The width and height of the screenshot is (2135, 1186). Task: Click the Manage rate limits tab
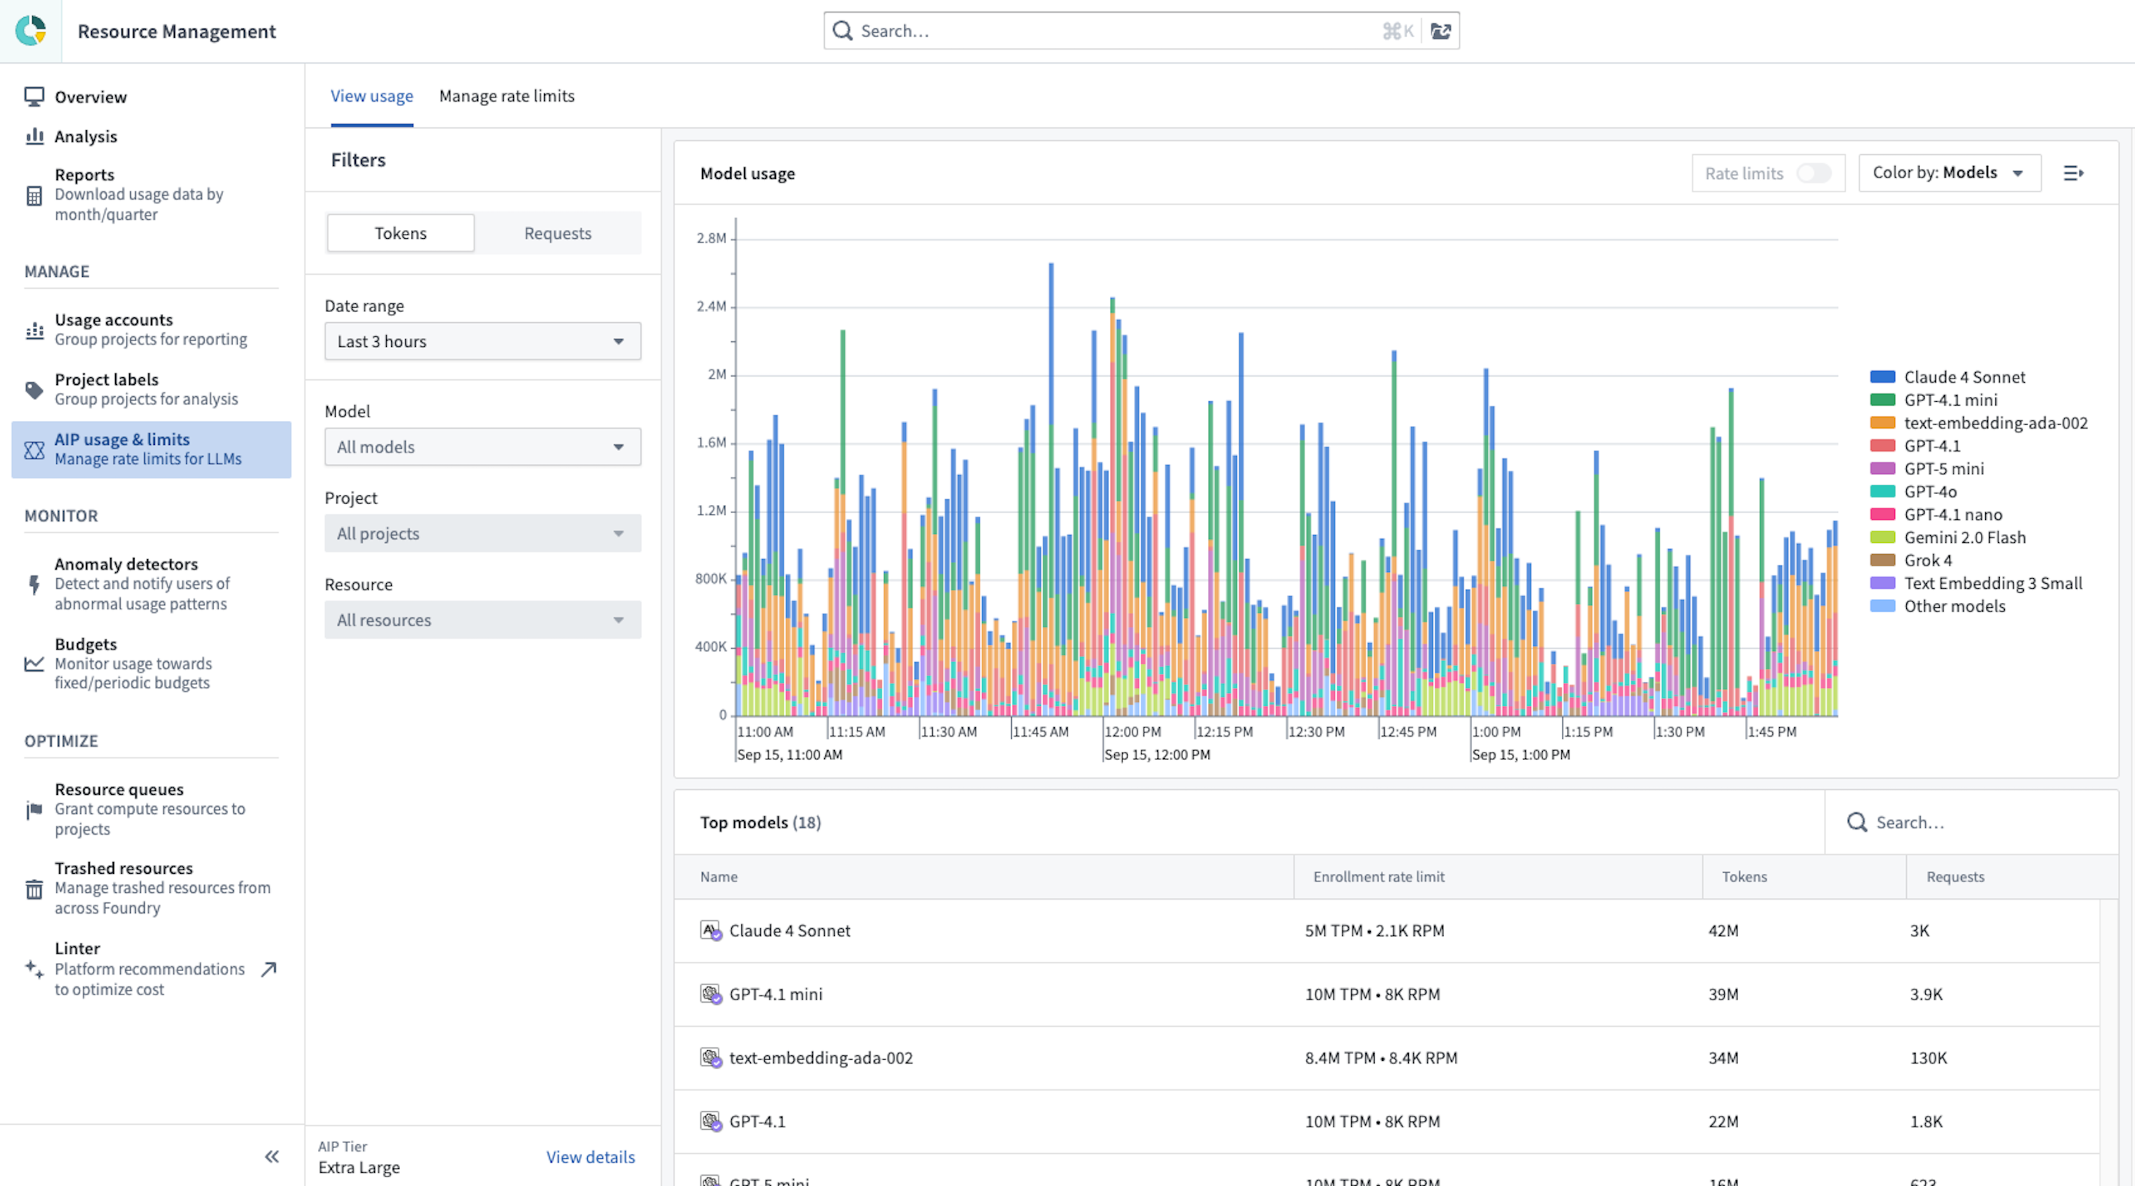pyautogui.click(x=506, y=96)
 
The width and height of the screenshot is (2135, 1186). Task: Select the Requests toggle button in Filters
pyautogui.click(x=557, y=234)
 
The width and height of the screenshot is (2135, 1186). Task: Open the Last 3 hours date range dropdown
pyautogui.click(x=482, y=341)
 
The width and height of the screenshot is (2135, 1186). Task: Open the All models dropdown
pyautogui.click(x=482, y=447)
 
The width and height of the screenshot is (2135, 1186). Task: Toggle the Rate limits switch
pyautogui.click(x=1813, y=173)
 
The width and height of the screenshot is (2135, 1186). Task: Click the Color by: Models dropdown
pyautogui.click(x=1948, y=173)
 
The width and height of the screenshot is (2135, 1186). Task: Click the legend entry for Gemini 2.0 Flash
pyautogui.click(x=1964, y=537)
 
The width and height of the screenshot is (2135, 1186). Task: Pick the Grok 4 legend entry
pyautogui.click(x=1927, y=560)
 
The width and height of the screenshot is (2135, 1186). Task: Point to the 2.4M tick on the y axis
pyautogui.click(x=711, y=306)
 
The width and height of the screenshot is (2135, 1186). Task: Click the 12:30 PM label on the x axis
pyautogui.click(x=1316, y=732)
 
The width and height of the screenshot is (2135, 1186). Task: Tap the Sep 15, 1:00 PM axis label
pyautogui.click(x=1520, y=755)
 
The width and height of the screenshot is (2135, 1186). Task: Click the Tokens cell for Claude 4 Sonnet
pyautogui.click(x=1723, y=931)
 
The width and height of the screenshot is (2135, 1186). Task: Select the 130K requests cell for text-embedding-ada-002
pyautogui.click(x=1928, y=1058)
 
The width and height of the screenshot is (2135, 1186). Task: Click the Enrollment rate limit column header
pyautogui.click(x=1378, y=877)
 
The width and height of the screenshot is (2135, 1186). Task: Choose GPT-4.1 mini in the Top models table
pyautogui.click(x=776, y=995)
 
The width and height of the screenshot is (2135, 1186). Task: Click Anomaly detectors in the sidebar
pyautogui.click(x=126, y=564)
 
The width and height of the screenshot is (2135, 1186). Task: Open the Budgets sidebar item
pyautogui.click(x=85, y=644)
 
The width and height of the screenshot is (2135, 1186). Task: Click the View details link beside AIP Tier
pyautogui.click(x=590, y=1157)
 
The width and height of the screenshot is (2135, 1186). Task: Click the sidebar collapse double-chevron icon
pyautogui.click(x=272, y=1157)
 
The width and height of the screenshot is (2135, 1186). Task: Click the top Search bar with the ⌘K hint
pyautogui.click(x=1110, y=32)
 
